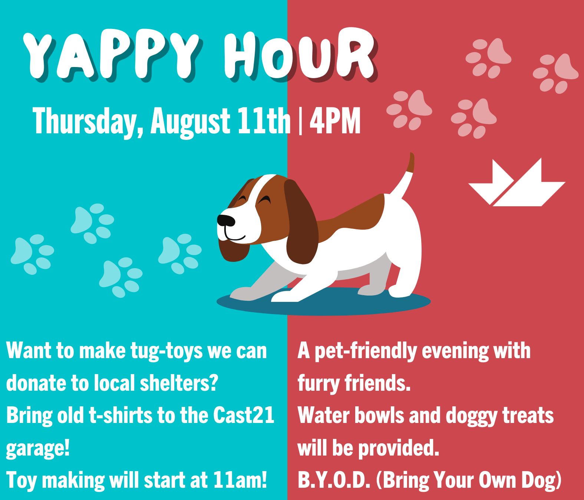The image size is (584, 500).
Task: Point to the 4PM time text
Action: [x=335, y=120]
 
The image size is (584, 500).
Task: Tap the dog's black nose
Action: [x=226, y=220]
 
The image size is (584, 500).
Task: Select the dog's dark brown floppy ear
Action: [x=301, y=221]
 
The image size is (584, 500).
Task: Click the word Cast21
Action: [x=244, y=415]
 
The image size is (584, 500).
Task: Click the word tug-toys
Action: [x=166, y=352]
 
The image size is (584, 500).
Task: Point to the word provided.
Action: [x=399, y=448]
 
